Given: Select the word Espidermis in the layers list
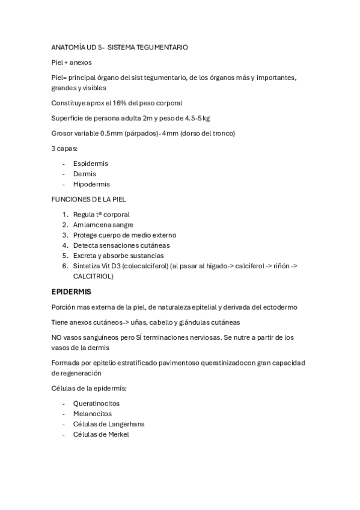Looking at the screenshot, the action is tap(90, 163).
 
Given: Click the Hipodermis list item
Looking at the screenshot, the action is tap(91, 184).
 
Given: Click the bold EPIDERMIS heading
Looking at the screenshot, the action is tap(72, 292).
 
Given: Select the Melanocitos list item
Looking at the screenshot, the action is tap(93, 413).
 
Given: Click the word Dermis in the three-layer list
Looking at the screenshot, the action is tap(84, 174).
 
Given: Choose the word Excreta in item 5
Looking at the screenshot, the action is tap(85, 256).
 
